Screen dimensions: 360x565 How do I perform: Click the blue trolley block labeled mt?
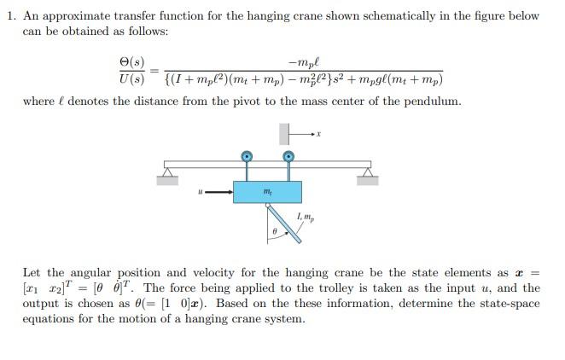point(267,191)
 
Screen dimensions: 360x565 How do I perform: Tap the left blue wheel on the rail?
point(247,156)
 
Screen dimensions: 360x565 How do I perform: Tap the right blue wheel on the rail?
point(288,156)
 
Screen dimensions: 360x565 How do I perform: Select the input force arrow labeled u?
point(218,191)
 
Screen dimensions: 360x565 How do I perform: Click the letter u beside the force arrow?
point(200,191)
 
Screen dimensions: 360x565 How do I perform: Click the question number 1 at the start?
point(9,15)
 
